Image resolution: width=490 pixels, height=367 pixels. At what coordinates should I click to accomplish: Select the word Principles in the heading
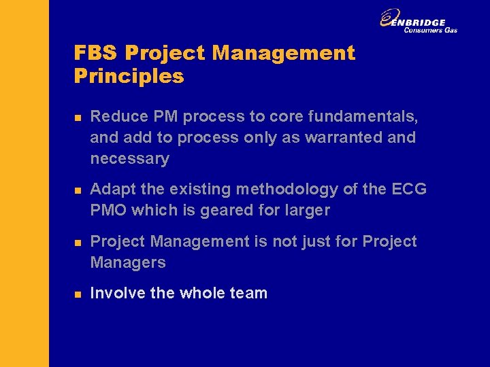click(x=129, y=75)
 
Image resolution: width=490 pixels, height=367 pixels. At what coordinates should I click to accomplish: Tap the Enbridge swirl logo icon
click(x=390, y=18)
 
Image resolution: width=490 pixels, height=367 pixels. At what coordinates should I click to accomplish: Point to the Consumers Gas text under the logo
click(x=430, y=30)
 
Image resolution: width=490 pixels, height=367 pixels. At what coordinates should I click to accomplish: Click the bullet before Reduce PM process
click(x=78, y=118)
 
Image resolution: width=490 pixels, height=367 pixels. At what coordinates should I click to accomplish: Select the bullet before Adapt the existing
click(x=78, y=190)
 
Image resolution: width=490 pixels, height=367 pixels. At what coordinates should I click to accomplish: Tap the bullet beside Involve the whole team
click(x=78, y=294)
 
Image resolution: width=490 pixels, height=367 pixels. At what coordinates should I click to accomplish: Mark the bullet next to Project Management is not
click(x=78, y=243)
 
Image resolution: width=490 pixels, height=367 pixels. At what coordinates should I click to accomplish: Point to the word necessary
click(x=129, y=159)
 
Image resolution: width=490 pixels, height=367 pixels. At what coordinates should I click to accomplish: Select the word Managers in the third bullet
click(x=128, y=262)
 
